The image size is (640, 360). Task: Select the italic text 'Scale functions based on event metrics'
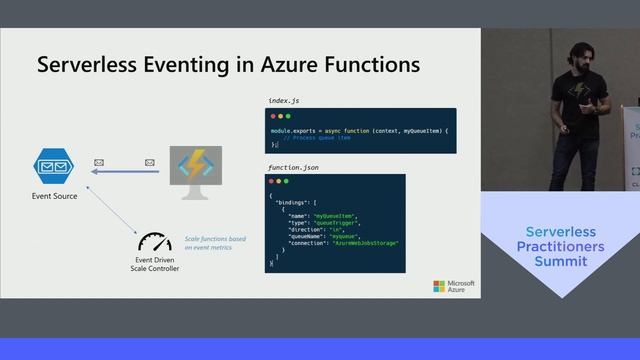tap(214, 243)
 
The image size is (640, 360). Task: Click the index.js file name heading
tap(285, 100)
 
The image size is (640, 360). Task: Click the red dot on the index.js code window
tap(274, 117)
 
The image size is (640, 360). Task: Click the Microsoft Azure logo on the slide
tap(454, 286)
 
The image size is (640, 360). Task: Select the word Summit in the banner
tap(560, 261)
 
